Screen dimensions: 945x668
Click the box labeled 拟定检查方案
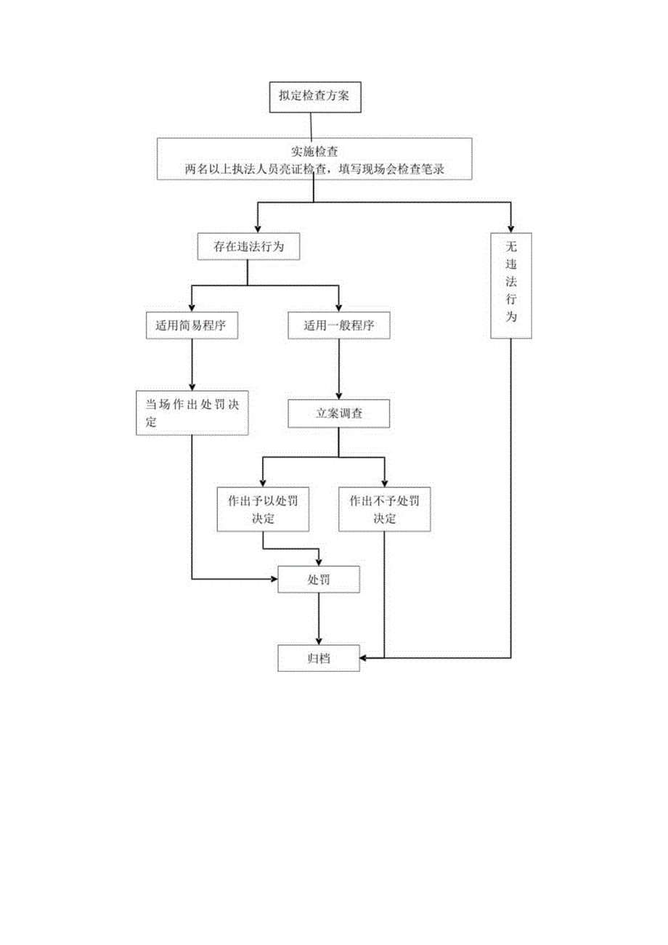314,97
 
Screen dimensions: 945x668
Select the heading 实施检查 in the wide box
314,152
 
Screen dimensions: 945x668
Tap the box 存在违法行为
248,246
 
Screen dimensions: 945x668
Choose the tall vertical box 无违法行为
510,285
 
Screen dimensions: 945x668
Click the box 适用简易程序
192,326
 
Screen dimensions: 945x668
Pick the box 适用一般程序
339,326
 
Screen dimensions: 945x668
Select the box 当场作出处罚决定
192,413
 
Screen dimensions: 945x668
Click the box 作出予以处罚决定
262,509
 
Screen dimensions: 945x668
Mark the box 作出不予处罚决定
384,509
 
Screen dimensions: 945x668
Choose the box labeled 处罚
319,580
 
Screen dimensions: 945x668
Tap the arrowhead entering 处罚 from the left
274,580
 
